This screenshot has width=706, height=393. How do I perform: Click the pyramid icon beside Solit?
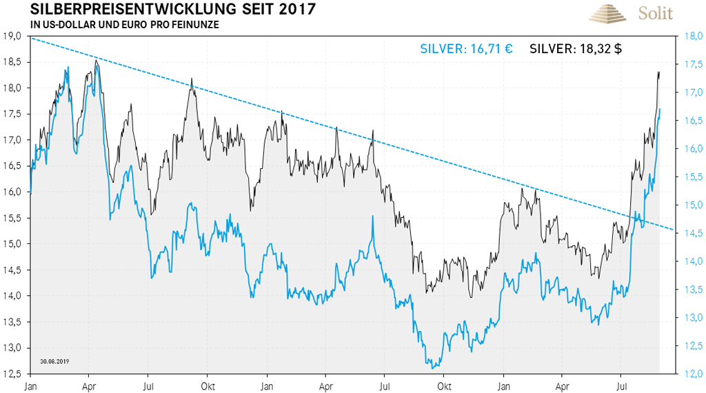[606, 13]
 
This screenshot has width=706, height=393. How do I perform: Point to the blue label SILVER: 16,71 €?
[466, 49]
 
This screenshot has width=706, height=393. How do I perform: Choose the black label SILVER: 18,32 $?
[576, 49]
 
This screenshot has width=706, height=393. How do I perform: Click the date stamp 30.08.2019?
[54, 361]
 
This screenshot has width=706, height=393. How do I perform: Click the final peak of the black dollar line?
[658, 71]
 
